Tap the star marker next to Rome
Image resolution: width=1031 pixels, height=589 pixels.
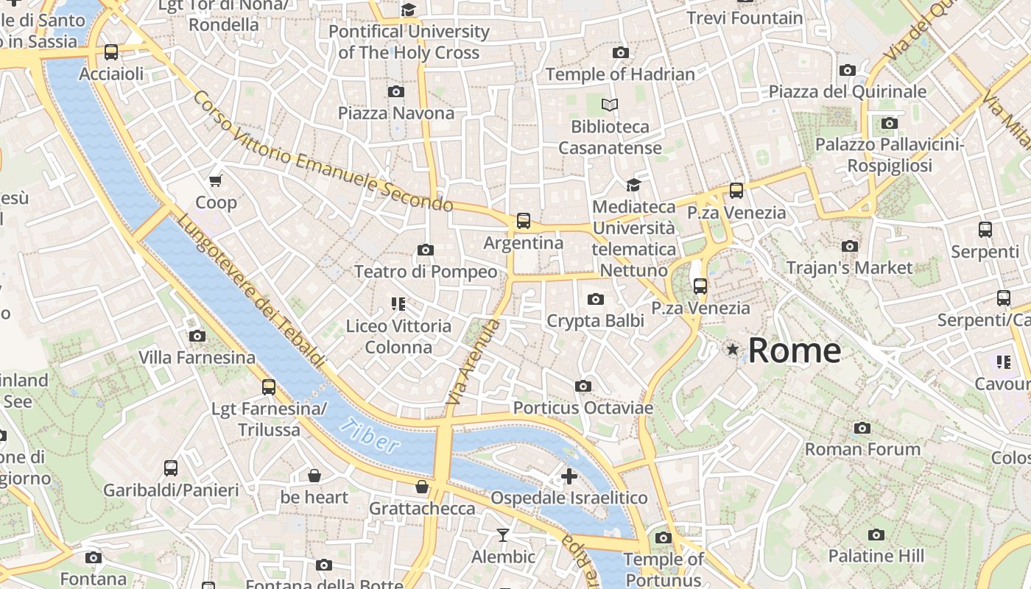(x=732, y=349)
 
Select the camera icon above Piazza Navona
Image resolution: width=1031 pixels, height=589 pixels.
(x=396, y=91)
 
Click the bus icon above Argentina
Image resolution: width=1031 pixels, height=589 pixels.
(x=524, y=220)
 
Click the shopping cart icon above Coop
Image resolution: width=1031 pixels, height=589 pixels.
(x=216, y=180)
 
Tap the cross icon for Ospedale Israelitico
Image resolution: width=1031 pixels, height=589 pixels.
(x=569, y=476)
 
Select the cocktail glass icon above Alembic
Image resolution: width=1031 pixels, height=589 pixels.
(x=503, y=535)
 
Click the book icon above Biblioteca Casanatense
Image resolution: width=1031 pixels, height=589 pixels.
(x=610, y=105)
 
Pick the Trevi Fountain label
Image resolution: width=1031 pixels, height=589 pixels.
(x=745, y=18)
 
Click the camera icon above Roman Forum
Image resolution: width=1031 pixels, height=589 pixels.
(x=862, y=428)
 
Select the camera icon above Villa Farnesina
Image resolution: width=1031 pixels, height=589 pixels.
(x=197, y=336)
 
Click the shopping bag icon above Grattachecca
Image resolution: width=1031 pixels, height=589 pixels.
(x=422, y=487)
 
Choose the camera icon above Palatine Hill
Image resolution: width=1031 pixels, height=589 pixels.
(x=876, y=535)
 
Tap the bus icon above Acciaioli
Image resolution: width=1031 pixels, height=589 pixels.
(x=111, y=52)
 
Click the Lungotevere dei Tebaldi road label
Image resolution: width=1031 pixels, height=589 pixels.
(x=250, y=291)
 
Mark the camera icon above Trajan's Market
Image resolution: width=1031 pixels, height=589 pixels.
(x=850, y=246)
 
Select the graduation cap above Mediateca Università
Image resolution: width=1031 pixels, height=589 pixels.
(x=633, y=185)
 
